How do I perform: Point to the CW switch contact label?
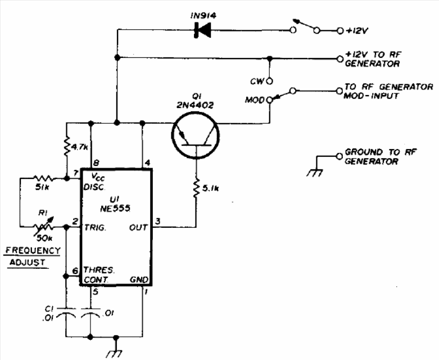[x=258, y=80]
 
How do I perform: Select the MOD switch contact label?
[x=255, y=100]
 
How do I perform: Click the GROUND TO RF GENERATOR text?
[x=372, y=156]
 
